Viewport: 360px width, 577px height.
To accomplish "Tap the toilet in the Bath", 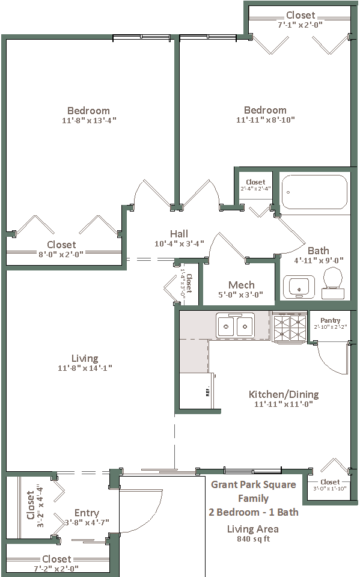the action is click(333, 282).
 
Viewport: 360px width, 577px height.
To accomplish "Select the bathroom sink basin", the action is click(299, 287).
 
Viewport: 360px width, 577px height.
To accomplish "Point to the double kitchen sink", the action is click(235, 325).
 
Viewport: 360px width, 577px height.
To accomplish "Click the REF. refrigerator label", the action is click(207, 392).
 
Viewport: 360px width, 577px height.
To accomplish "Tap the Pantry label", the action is click(330, 320).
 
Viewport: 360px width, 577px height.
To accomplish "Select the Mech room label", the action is click(242, 285).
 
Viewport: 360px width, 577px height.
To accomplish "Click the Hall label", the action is click(179, 234).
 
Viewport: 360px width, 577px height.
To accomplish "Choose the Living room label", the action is click(85, 358).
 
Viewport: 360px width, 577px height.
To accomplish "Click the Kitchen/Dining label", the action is click(284, 394).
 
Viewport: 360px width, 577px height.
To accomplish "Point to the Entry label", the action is click(87, 513).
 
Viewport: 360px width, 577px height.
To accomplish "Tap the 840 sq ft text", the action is click(253, 539).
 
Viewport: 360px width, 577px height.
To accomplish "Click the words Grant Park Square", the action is click(253, 484).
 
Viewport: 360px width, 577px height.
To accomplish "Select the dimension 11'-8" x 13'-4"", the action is click(89, 120).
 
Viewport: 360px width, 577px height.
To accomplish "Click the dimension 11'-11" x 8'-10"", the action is click(266, 120).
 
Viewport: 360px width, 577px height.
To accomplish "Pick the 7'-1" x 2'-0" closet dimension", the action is click(300, 25).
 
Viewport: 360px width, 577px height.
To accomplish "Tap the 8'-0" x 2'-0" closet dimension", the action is click(61, 254).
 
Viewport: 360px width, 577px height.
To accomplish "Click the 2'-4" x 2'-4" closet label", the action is click(255, 188).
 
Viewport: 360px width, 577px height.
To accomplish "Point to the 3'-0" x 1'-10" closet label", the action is click(330, 488).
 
